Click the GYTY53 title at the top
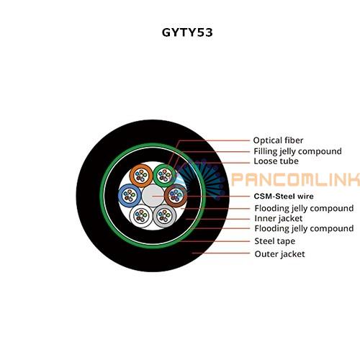pyautogui.click(x=187, y=32)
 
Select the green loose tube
pyautogui.click(x=165, y=176)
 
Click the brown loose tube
pyautogui.click(x=176, y=196)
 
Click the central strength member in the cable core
pyautogui.click(x=153, y=196)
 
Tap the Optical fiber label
pyautogui.click(x=278, y=140)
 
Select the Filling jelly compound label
pyautogui.click(x=297, y=151)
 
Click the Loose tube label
pyautogui.click(x=276, y=161)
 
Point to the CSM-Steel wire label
pyautogui.click(x=284, y=197)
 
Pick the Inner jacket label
pyautogui.click(x=279, y=219)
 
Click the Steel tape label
pyautogui.click(x=275, y=241)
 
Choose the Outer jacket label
pyautogui.click(x=280, y=254)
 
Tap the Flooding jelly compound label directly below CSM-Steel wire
pyautogui.click(x=304, y=208)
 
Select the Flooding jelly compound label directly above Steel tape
pyautogui.click(x=304, y=228)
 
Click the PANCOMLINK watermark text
pyautogui.click(x=296, y=179)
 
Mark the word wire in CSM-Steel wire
pyautogui.click(x=305, y=197)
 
